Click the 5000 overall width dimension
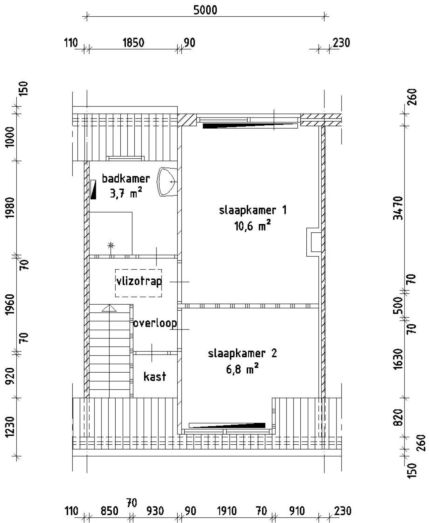(205, 10)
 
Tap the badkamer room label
(125, 178)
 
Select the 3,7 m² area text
(125, 193)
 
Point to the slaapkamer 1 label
(253, 211)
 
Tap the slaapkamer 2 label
(243, 354)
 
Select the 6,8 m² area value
(243, 370)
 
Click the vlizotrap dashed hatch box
(138, 283)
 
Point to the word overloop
(155, 323)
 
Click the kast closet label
(155, 376)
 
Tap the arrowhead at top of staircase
(109, 308)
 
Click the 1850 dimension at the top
(133, 43)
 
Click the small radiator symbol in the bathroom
(93, 190)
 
